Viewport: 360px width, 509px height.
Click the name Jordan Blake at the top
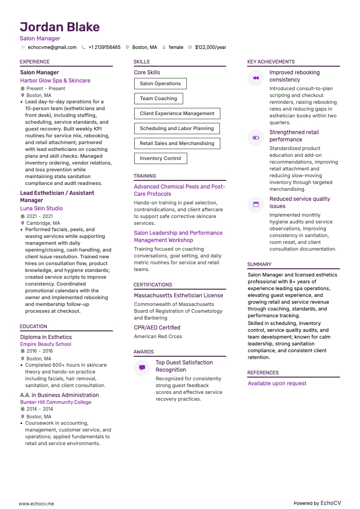59,27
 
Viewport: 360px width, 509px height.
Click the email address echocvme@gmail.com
52,47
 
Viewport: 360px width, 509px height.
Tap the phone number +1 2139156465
104,47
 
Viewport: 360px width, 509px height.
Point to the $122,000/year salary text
210,47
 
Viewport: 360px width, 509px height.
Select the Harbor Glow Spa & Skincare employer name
55,81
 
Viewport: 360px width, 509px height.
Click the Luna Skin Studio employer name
41,208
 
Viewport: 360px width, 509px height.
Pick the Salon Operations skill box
160,83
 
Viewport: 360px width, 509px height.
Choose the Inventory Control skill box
160,158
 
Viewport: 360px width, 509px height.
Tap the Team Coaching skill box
158,98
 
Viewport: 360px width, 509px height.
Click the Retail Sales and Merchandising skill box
177,143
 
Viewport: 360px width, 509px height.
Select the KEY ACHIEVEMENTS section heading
271,62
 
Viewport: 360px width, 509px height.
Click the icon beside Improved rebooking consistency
256,78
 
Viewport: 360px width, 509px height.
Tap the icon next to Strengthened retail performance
256,138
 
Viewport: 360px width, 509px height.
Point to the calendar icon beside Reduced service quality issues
256,204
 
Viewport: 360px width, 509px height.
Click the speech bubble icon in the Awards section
142,368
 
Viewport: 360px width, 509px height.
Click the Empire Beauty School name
45,344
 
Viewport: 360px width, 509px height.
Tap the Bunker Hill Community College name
55,402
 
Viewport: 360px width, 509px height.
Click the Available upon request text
277,383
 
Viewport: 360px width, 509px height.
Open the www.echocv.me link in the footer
36,504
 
